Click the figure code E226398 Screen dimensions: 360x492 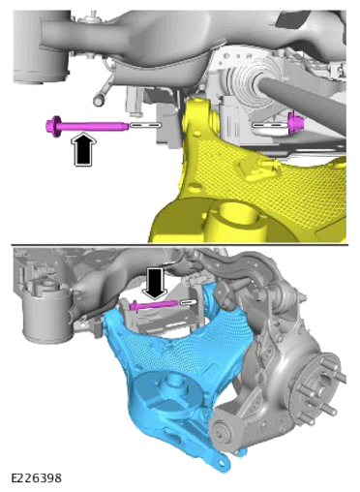(37, 477)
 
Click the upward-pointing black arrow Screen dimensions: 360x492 (83, 149)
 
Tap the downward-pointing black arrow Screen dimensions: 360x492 (155, 283)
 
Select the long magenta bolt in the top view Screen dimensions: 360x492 (87, 125)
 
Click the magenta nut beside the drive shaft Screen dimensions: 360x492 (294, 123)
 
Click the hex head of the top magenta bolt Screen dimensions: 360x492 (53, 126)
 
